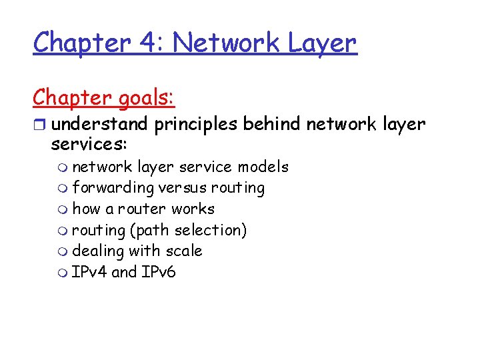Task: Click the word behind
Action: [271, 124]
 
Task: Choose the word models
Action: [263, 167]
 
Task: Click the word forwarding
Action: [113, 188]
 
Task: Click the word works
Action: [193, 209]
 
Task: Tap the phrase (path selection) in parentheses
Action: [189, 230]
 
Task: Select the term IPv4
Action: [89, 272]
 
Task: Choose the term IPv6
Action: [159, 272]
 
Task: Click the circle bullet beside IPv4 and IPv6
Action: [63, 273]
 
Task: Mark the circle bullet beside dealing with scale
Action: [63, 252]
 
